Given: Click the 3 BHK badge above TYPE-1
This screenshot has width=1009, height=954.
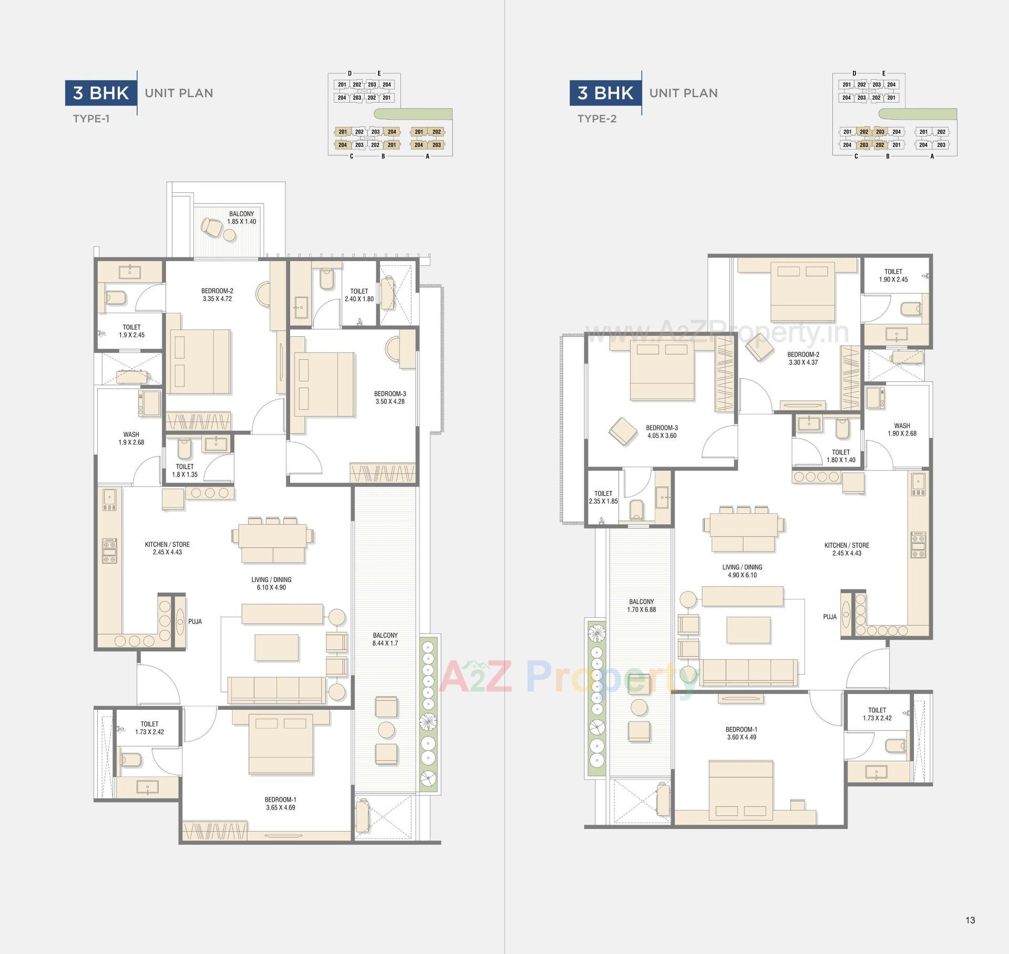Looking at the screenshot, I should point(101,93).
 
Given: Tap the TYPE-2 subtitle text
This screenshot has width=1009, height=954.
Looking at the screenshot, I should point(596,119).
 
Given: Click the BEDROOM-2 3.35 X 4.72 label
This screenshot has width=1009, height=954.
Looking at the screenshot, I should point(217,295).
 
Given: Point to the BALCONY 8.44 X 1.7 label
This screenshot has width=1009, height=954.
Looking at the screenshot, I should point(385,639).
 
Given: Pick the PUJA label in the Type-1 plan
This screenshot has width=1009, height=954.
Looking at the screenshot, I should point(195,621).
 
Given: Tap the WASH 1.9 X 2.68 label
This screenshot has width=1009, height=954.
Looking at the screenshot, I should point(131,438).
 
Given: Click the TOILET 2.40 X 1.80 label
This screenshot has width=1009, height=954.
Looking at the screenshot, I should point(359,295).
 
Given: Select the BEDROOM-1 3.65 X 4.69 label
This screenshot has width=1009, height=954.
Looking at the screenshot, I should point(281,803).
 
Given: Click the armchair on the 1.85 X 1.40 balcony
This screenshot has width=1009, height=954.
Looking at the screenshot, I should point(212,227).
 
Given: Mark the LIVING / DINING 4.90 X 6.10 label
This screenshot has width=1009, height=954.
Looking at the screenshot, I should point(742,571).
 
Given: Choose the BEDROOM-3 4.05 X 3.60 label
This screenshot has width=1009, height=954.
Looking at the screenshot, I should point(662,431).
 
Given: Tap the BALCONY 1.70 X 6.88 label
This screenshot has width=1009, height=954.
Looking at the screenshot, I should point(641,606).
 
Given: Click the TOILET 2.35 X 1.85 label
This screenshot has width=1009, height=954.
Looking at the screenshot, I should point(603,497).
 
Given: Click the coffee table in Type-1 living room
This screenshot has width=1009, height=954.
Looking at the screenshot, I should point(276,647).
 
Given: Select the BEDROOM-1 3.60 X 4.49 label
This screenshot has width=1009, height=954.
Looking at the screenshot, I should point(741,733).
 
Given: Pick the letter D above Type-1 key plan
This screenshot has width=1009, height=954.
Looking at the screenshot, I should point(349,74).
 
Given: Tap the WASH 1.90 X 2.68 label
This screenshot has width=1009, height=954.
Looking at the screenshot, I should point(902,429).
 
